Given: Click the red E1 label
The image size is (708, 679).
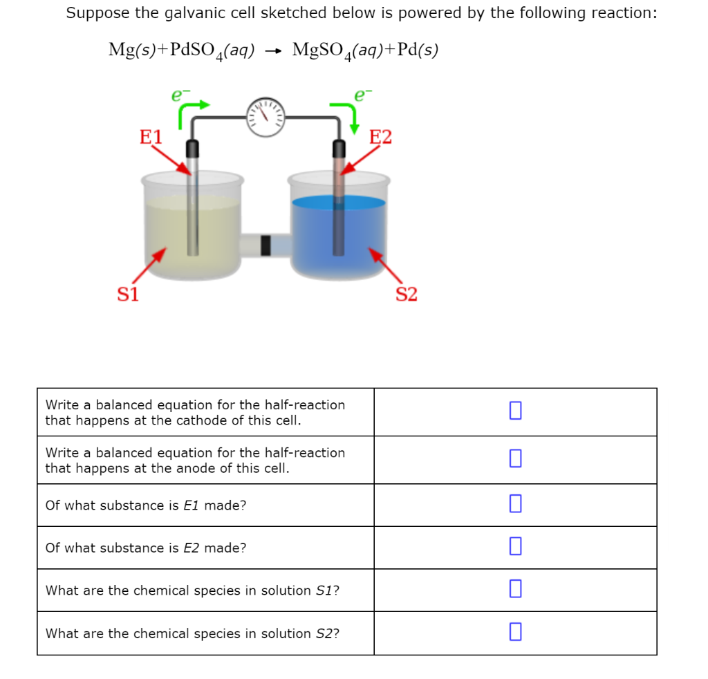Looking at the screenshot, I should (x=151, y=136).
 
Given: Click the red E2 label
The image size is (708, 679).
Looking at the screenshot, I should (x=380, y=137).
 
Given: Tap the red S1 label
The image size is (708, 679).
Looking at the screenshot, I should (x=127, y=295).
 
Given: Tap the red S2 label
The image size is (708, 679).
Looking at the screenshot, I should (x=407, y=295).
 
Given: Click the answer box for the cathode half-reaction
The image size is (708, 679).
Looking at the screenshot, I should (x=515, y=411).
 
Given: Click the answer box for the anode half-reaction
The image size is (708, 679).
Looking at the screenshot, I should (x=515, y=458).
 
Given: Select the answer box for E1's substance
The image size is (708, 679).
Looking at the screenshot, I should (x=515, y=505).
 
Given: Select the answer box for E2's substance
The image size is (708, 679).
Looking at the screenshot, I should (x=515, y=547).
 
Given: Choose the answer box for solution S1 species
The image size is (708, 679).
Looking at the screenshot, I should (x=515, y=589).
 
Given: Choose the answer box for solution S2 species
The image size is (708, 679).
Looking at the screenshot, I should (x=515, y=632).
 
